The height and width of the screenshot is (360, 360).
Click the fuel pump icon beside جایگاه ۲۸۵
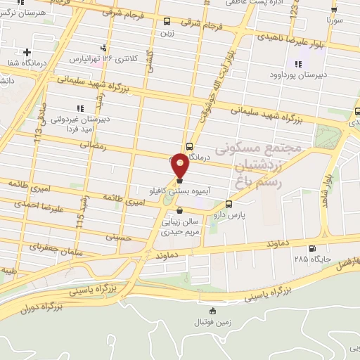tap(312, 247)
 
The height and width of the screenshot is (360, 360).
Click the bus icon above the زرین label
tap(167, 22)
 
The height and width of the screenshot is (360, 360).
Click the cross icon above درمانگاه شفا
tap(27, 52)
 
